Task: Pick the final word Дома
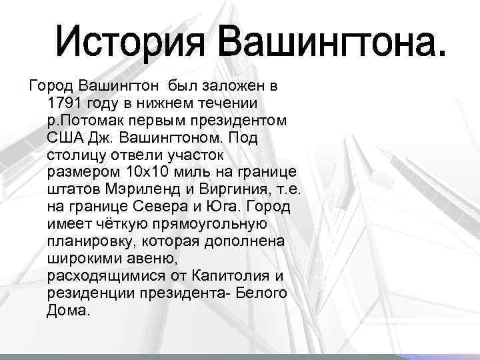pyautogui.click(x=67, y=310)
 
